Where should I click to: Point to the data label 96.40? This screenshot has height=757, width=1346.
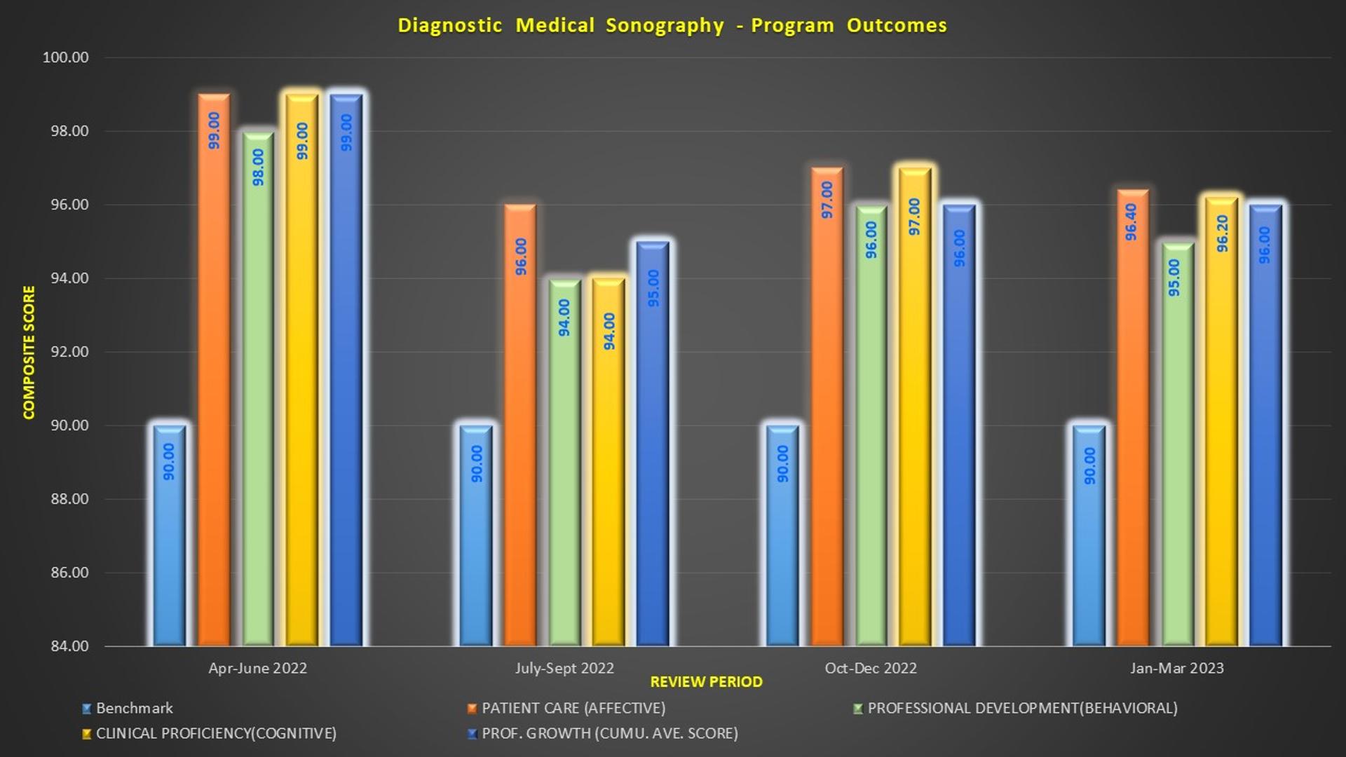coord(1131,222)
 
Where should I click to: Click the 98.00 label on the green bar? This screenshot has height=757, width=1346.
coord(258,167)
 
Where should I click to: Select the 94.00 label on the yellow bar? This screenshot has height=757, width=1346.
coord(609,331)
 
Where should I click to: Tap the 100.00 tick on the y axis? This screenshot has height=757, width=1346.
coord(66,57)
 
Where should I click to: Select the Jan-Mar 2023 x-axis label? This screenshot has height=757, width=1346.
coord(1176,668)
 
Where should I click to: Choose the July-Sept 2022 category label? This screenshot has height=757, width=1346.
coord(564,668)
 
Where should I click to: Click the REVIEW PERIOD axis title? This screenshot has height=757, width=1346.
coord(706,682)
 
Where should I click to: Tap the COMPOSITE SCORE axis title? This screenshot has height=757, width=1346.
coord(29,352)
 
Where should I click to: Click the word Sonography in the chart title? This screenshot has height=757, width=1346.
coord(665,26)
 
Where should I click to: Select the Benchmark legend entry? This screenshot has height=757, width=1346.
coord(134,709)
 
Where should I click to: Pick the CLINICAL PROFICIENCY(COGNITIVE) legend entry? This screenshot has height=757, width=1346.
coord(216,734)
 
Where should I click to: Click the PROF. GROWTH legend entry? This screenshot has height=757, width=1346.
coord(609,734)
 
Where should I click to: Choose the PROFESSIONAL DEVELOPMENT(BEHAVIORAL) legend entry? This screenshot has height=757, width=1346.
coord(1022,709)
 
